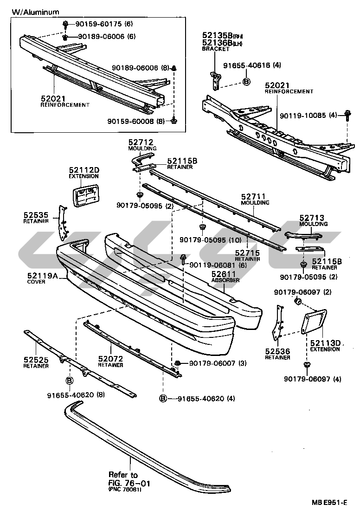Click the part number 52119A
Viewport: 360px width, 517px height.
point(43,275)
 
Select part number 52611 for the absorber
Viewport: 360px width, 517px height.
point(224,274)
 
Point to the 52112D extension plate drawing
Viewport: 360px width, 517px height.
point(86,194)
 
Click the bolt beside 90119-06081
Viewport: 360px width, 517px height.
point(183,258)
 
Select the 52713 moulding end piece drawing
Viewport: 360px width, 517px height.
point(304,234)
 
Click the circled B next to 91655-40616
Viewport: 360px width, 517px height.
point(246,82)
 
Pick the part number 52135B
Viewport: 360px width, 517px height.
point(214,35)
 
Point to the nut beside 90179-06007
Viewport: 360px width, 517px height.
point(177,362)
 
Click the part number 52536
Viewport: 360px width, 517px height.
point(277,351)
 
